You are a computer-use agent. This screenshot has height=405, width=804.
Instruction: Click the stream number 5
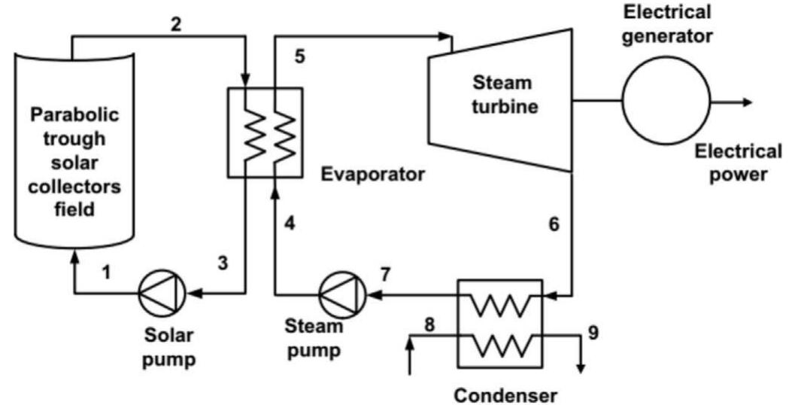click(x=300, y=56)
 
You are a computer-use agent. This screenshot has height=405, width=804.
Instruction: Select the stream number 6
click(x=554, y=224)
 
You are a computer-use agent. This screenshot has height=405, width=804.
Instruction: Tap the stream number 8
click(x=429, y=325)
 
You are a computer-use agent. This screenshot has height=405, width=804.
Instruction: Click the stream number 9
click(x=593, y=332)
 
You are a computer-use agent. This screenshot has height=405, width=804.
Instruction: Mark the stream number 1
click(x=107, y=273)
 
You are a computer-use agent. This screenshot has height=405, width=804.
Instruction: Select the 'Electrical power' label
click(x=737, y=163)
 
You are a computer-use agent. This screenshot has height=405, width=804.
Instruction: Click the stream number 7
click(x=385, y=275)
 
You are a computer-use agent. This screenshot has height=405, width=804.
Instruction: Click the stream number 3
click(x=223, y=263)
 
